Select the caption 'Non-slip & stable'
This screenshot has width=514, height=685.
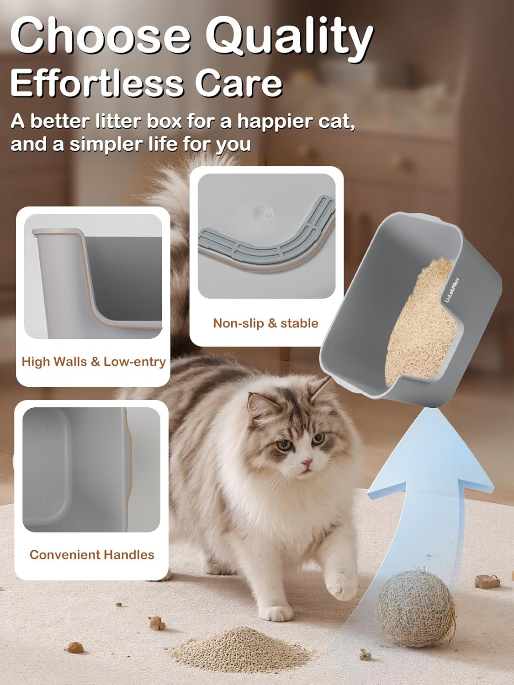tap(265, 323)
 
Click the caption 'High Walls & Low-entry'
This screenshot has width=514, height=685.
tap(94, 362)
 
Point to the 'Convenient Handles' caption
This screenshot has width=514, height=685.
tap(92, 554)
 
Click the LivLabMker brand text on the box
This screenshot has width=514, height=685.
tap(452, 290)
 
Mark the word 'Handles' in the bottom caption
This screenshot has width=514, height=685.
tap(129, 554)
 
